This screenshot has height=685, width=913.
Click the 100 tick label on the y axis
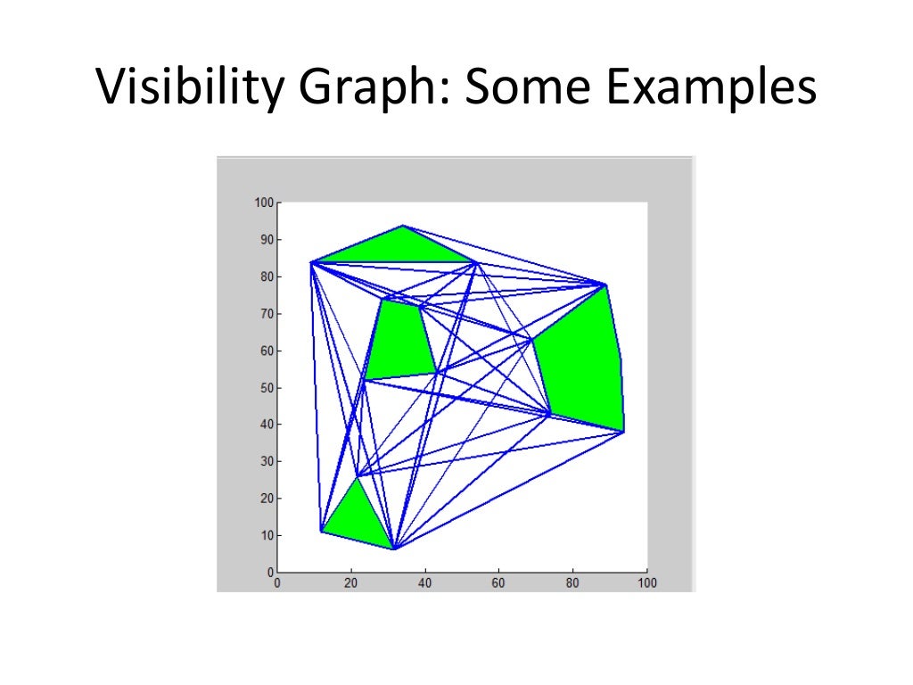261,202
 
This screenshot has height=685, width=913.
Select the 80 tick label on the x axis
572,583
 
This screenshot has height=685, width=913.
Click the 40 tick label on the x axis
424,583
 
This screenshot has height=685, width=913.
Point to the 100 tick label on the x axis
646,583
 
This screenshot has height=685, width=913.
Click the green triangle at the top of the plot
398,246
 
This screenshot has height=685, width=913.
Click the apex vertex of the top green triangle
404,226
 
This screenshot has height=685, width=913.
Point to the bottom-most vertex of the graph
393,549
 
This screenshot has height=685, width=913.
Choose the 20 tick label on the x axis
350,583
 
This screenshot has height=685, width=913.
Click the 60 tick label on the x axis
498,583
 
